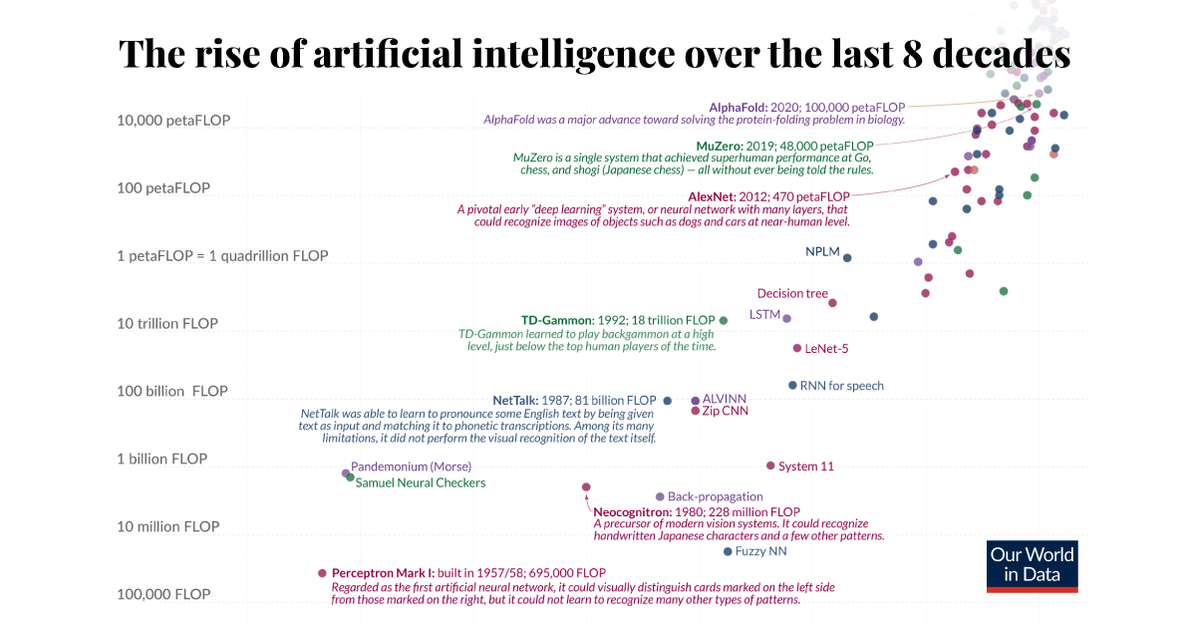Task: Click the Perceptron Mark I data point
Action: (322, 573)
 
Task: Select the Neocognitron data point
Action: (586, 487)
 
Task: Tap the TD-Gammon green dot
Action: (724, 320)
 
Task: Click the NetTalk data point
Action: (668, 401)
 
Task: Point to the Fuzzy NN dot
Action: (728, 551)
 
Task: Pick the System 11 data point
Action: (770, 466)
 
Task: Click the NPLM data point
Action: (847, 258)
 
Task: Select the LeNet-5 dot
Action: (797, 348)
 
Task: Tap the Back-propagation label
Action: (715, 496)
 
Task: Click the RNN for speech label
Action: (841, 386)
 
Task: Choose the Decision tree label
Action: (792, 293)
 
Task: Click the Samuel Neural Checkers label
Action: (420, 483)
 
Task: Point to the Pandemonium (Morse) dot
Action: (346, 473)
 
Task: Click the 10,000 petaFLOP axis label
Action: (173, 121)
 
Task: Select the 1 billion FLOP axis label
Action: (161, 460)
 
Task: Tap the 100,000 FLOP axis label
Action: (163, 594)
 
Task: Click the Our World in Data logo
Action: (1033, 566)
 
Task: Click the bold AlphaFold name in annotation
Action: (738, 106)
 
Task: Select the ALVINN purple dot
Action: (696, 400)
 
